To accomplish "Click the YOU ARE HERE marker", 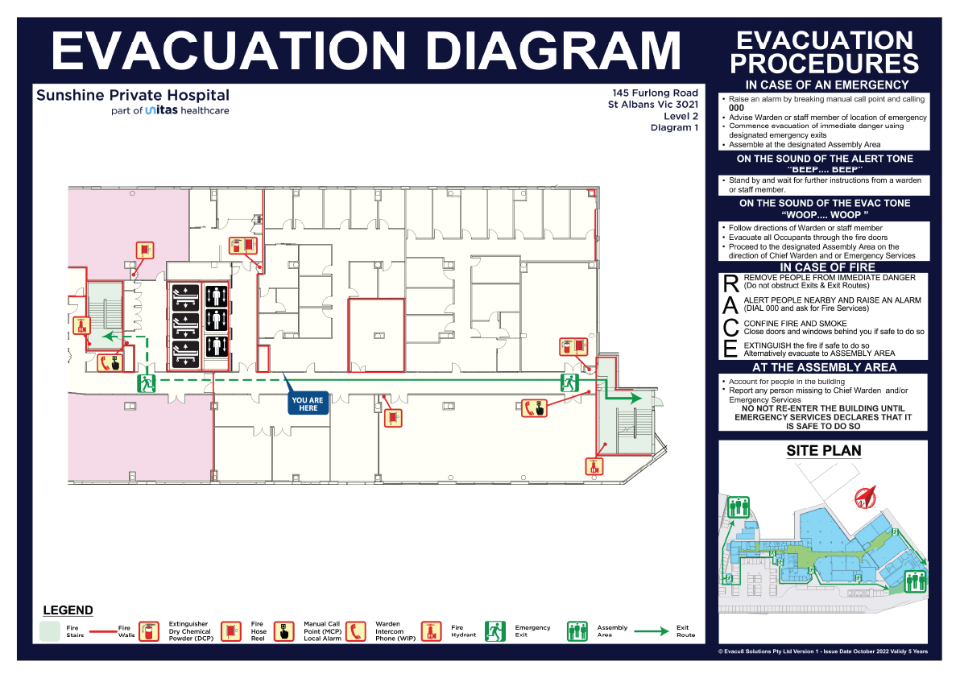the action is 308,403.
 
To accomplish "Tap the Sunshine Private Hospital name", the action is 133,96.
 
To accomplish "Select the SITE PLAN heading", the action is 823,451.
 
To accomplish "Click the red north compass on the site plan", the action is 865,496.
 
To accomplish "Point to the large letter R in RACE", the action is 731,284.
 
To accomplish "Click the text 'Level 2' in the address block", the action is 681,116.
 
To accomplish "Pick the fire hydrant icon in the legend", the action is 431,631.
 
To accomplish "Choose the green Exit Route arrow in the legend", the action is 652,631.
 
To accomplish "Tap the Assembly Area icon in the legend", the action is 577,631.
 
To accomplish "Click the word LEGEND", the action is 68,610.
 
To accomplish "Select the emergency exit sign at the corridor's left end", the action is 147,383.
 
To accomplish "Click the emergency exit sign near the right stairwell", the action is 570,383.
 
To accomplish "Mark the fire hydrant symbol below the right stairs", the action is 594,467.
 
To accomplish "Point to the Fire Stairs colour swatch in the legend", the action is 50,631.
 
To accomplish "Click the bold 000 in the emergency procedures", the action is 736,108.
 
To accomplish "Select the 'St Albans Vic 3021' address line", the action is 652,105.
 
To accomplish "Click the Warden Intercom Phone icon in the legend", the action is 356,631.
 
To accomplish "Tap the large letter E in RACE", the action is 730,349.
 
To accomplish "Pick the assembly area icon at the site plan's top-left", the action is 739,508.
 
